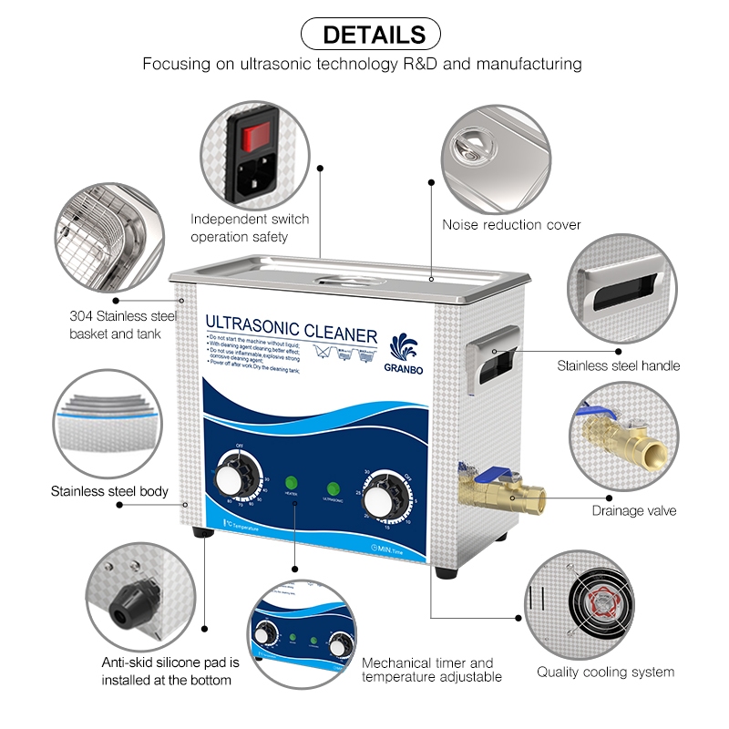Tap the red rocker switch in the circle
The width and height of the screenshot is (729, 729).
[252, 138]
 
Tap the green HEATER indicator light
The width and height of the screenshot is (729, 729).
[293, 483]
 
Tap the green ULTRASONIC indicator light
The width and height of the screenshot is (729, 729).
[334, 489]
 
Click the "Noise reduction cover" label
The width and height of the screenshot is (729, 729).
[511, 224]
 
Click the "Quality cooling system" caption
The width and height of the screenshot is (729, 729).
[605, 673]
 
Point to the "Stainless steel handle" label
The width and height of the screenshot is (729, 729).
[619, 366]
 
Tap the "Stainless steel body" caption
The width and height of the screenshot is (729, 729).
[109, 491]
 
